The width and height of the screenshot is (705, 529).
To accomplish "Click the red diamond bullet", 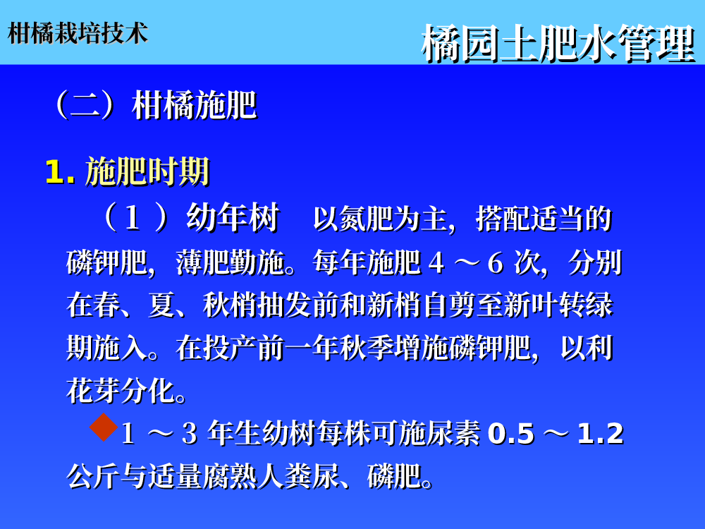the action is [104, 427].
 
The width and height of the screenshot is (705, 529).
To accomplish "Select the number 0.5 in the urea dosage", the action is [510, 434].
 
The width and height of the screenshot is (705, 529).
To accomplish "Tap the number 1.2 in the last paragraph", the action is [600, 434].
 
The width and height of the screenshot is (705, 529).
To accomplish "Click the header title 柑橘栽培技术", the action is [78, 33].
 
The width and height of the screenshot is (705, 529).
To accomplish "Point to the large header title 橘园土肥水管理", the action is [558, 44].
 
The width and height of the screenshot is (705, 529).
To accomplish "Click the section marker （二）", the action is [85, 105].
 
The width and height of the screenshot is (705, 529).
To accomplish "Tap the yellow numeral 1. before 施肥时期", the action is [60, 172].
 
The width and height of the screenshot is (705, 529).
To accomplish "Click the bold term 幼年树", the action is [233, 217].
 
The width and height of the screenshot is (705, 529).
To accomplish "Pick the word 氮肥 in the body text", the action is [367, 219].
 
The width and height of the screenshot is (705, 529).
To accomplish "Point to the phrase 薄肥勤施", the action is [231, 262].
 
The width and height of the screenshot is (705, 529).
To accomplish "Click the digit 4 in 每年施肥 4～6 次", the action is [436, 263].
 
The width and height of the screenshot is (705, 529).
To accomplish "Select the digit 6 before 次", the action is [495, 263].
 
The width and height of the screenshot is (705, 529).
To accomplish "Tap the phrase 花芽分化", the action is [121, 391].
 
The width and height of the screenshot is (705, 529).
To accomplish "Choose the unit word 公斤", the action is [94, 476].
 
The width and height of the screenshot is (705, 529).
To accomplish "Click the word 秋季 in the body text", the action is [367, 348].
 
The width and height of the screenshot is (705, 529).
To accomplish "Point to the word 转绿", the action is [586, 305].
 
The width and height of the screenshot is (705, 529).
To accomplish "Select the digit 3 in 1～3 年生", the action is [189, 434].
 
